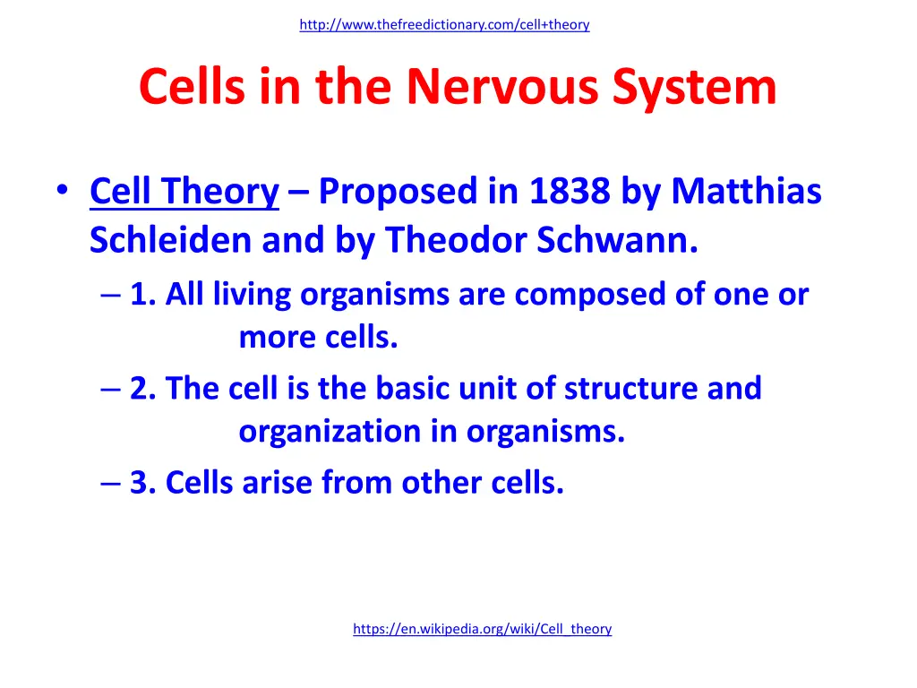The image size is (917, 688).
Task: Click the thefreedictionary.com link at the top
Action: tap(444, 25)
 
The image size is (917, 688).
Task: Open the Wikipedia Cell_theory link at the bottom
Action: tap(482, 629)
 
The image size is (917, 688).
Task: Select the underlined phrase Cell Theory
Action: tap(184, 191)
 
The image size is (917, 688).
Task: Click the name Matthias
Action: tap(746, 191)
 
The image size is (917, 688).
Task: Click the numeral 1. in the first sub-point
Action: tap(141, 294)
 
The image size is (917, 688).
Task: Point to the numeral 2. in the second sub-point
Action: tap(142, 388)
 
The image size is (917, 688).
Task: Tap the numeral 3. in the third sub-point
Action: tap(142, 483)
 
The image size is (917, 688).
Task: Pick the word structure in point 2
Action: tap(633, 388)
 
